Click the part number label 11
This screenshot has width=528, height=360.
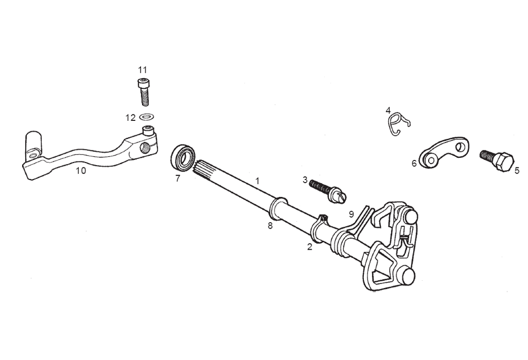pyautogui.click(x=143, y=70)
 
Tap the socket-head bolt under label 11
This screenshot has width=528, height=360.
pyautogui.click(x=144, y=92)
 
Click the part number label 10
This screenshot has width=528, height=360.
pyautogui.click(x=81, y=170)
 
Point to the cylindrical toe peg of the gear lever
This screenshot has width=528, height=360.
pyautogui.click(x=34, y=144)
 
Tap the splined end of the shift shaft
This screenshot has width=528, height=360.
pyautogui.click(x=203, y=167)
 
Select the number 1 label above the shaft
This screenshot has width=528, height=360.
pyautogui.click(x=258, y=181)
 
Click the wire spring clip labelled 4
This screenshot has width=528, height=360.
pyautogui.click(x=398, y=124)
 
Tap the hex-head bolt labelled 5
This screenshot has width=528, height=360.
pyautogui.click(x=497, y=160)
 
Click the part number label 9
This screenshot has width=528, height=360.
pyautogui.click(x=352, y=214)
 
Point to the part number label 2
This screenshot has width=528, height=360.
pyautogui.click(x=309, y=247)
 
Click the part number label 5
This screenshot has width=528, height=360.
pyautogui.click(x=517, y=170)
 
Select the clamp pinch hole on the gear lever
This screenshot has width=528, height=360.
pyautogui.click(x=145, y=147)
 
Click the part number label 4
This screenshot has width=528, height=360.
pyautogui.click(x=388, y=110)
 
